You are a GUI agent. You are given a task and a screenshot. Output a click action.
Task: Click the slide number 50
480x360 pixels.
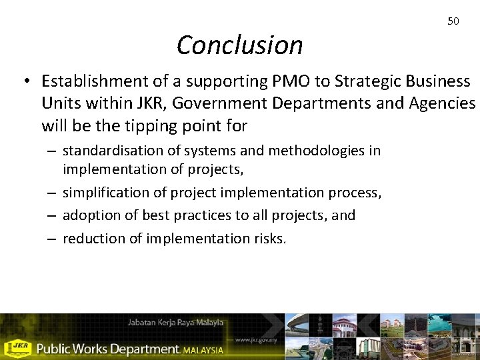pos(453,21)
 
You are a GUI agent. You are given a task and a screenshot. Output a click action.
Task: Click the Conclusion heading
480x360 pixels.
pos(239,45)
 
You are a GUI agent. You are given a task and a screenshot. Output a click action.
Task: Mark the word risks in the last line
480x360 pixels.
pos(269,238)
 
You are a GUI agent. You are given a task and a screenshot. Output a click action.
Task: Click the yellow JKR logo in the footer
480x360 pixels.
pos(17,348)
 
